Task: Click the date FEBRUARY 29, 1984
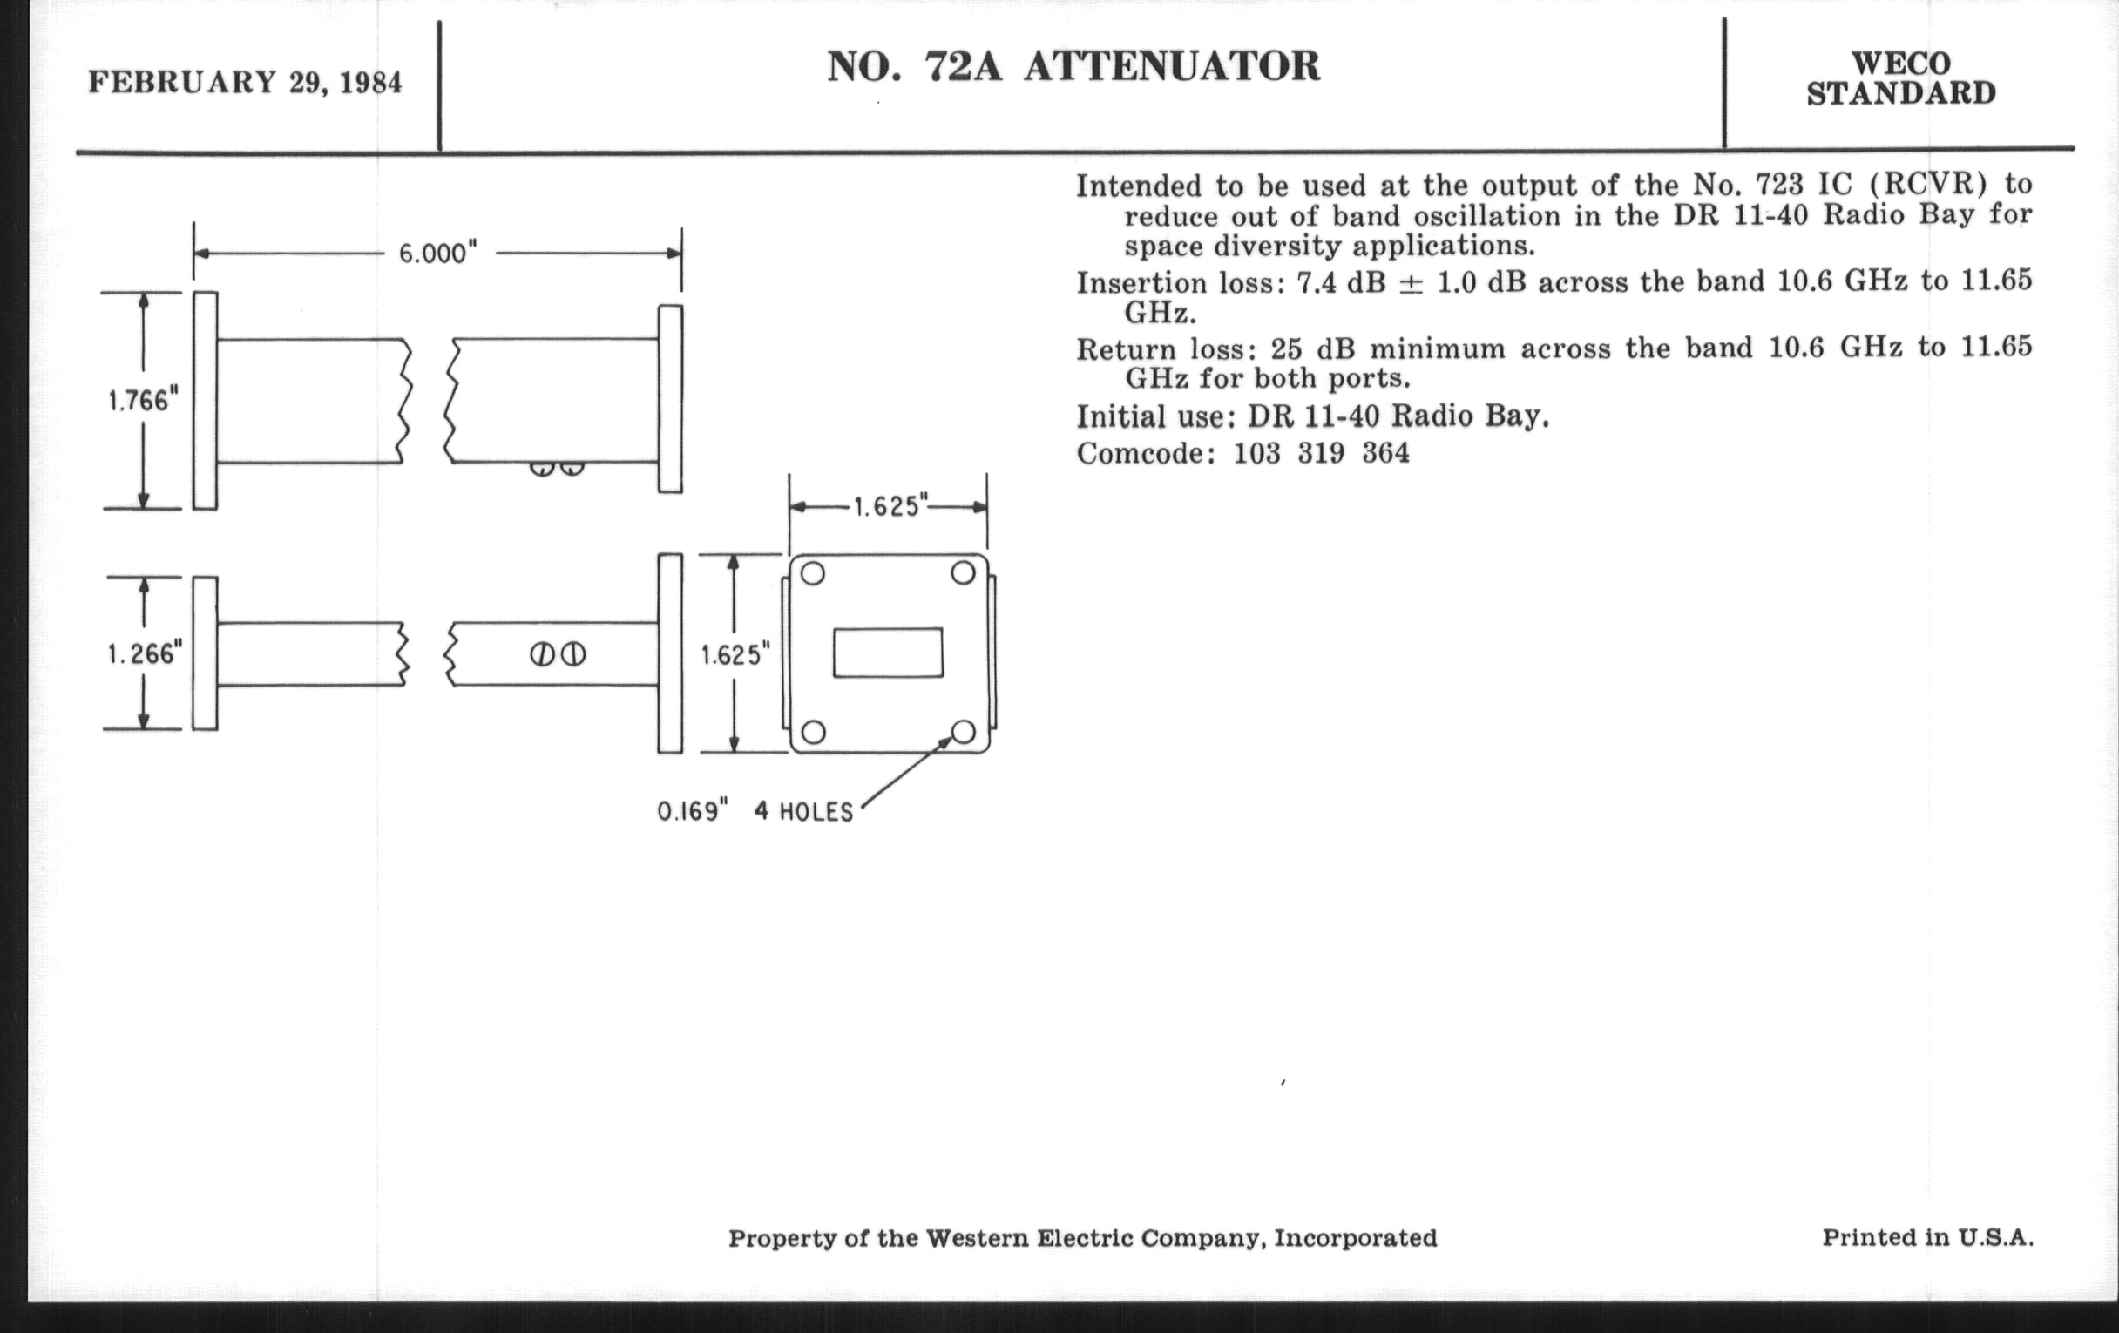click(x=245, y=83)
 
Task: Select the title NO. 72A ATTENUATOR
click(x=1073, y=67)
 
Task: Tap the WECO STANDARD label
click(x=1901, y=78)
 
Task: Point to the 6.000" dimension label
click(x=438, y=254)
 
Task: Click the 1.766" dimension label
click(x=144, y=402)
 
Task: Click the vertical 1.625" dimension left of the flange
click(x=735, y=654)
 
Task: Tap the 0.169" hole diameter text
click(x=694, y=810)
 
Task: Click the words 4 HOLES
click(x=803, y=811)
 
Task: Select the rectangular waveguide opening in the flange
click(x=888, y=653)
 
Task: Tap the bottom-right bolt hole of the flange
click(x=964, y=732)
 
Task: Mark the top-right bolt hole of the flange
click(x=964, y=573)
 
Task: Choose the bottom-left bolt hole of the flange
click(x=813, y=732)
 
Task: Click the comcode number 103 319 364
click(x=1321, y=453)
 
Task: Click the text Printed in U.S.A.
click(x=1927, y=1237)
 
